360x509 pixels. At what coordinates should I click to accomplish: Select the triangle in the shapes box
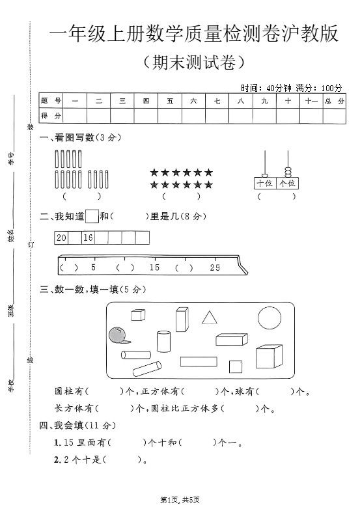click(x=209, y=318)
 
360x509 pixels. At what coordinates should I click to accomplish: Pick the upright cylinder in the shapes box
click(x=163, y=341)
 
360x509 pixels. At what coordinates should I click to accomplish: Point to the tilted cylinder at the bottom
click(x=148, y=368)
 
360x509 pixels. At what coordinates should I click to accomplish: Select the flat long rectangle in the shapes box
click(x=199, y=362)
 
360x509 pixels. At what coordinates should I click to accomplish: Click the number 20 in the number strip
click(x=62, y=238)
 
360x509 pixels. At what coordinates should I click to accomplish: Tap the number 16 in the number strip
click(x=89, y=238)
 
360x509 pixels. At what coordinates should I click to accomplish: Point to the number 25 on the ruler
click(x=215, y=268)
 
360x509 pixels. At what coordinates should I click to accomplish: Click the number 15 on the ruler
click(x=154, y=268)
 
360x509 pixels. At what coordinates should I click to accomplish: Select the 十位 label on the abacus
click(x=264, y=184)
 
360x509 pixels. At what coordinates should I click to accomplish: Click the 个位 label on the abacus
click(x=287, y=184)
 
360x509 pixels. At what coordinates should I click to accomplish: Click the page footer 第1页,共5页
click(x=180, y=499)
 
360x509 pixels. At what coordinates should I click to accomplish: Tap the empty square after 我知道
click(x=92, y=216)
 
